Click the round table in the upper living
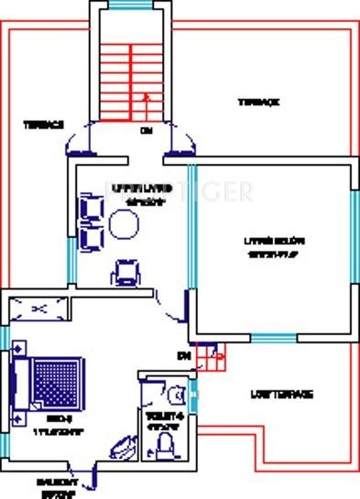tap(123, 222)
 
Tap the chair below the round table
tap(126, 271)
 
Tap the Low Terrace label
tap(282, 395)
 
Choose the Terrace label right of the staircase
tap(258, 103)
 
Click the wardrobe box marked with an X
tap(38, 309)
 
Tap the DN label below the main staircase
tap(145, 131)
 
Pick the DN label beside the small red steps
tap(183, 354)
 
